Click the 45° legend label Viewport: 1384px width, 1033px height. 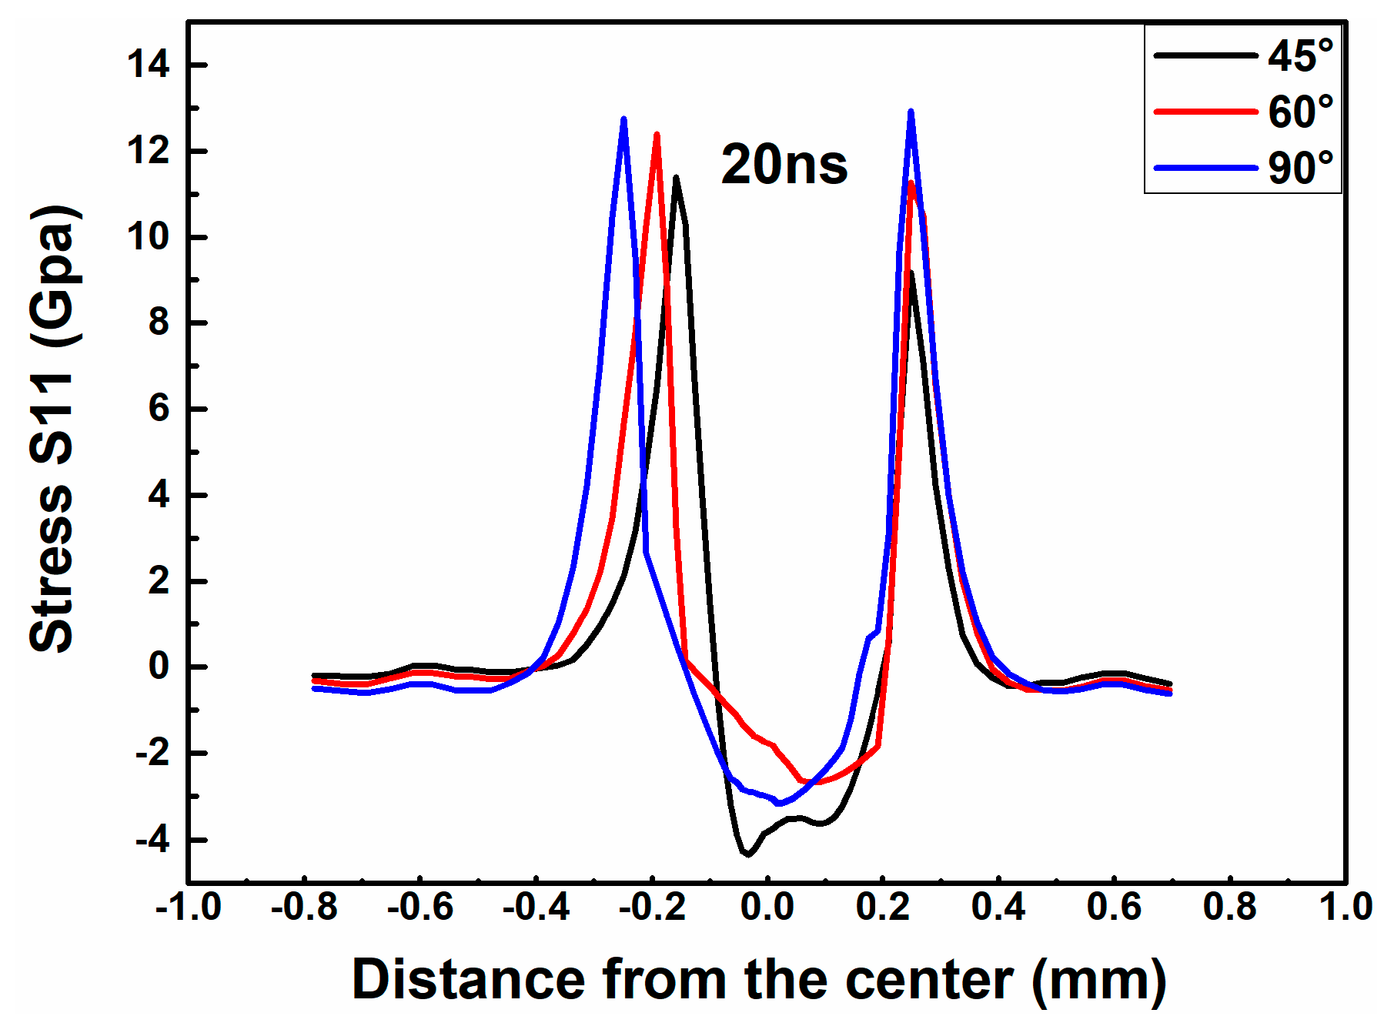tap(1300, 56)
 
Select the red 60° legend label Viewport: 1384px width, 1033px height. tap(1300, 112)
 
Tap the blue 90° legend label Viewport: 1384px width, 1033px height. tap(1300, 168)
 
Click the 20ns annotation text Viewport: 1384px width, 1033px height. tap(784, 165)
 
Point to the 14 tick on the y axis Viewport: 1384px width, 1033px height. tap(149, 65)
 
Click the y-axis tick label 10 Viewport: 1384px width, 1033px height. tap(149, 237)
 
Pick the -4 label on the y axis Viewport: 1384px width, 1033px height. tap(152, 840)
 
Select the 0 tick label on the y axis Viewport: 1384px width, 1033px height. tap(159, 667)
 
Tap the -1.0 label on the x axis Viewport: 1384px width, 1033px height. tap(189, 908)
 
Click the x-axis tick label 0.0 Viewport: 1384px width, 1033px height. tap(767, 908)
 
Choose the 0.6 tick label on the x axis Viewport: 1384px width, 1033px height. tap(1114, 908)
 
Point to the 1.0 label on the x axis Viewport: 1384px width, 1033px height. tap(1346, 908)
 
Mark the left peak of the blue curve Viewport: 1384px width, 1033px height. tap(623, 119)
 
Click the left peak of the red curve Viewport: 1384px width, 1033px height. tap(657, 135)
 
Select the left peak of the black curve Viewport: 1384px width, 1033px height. tap(676, 178)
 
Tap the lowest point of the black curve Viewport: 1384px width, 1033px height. tap(747, 854)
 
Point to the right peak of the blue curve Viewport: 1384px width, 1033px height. tap(911, 112)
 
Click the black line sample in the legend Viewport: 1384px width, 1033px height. tap(1205, 55)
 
